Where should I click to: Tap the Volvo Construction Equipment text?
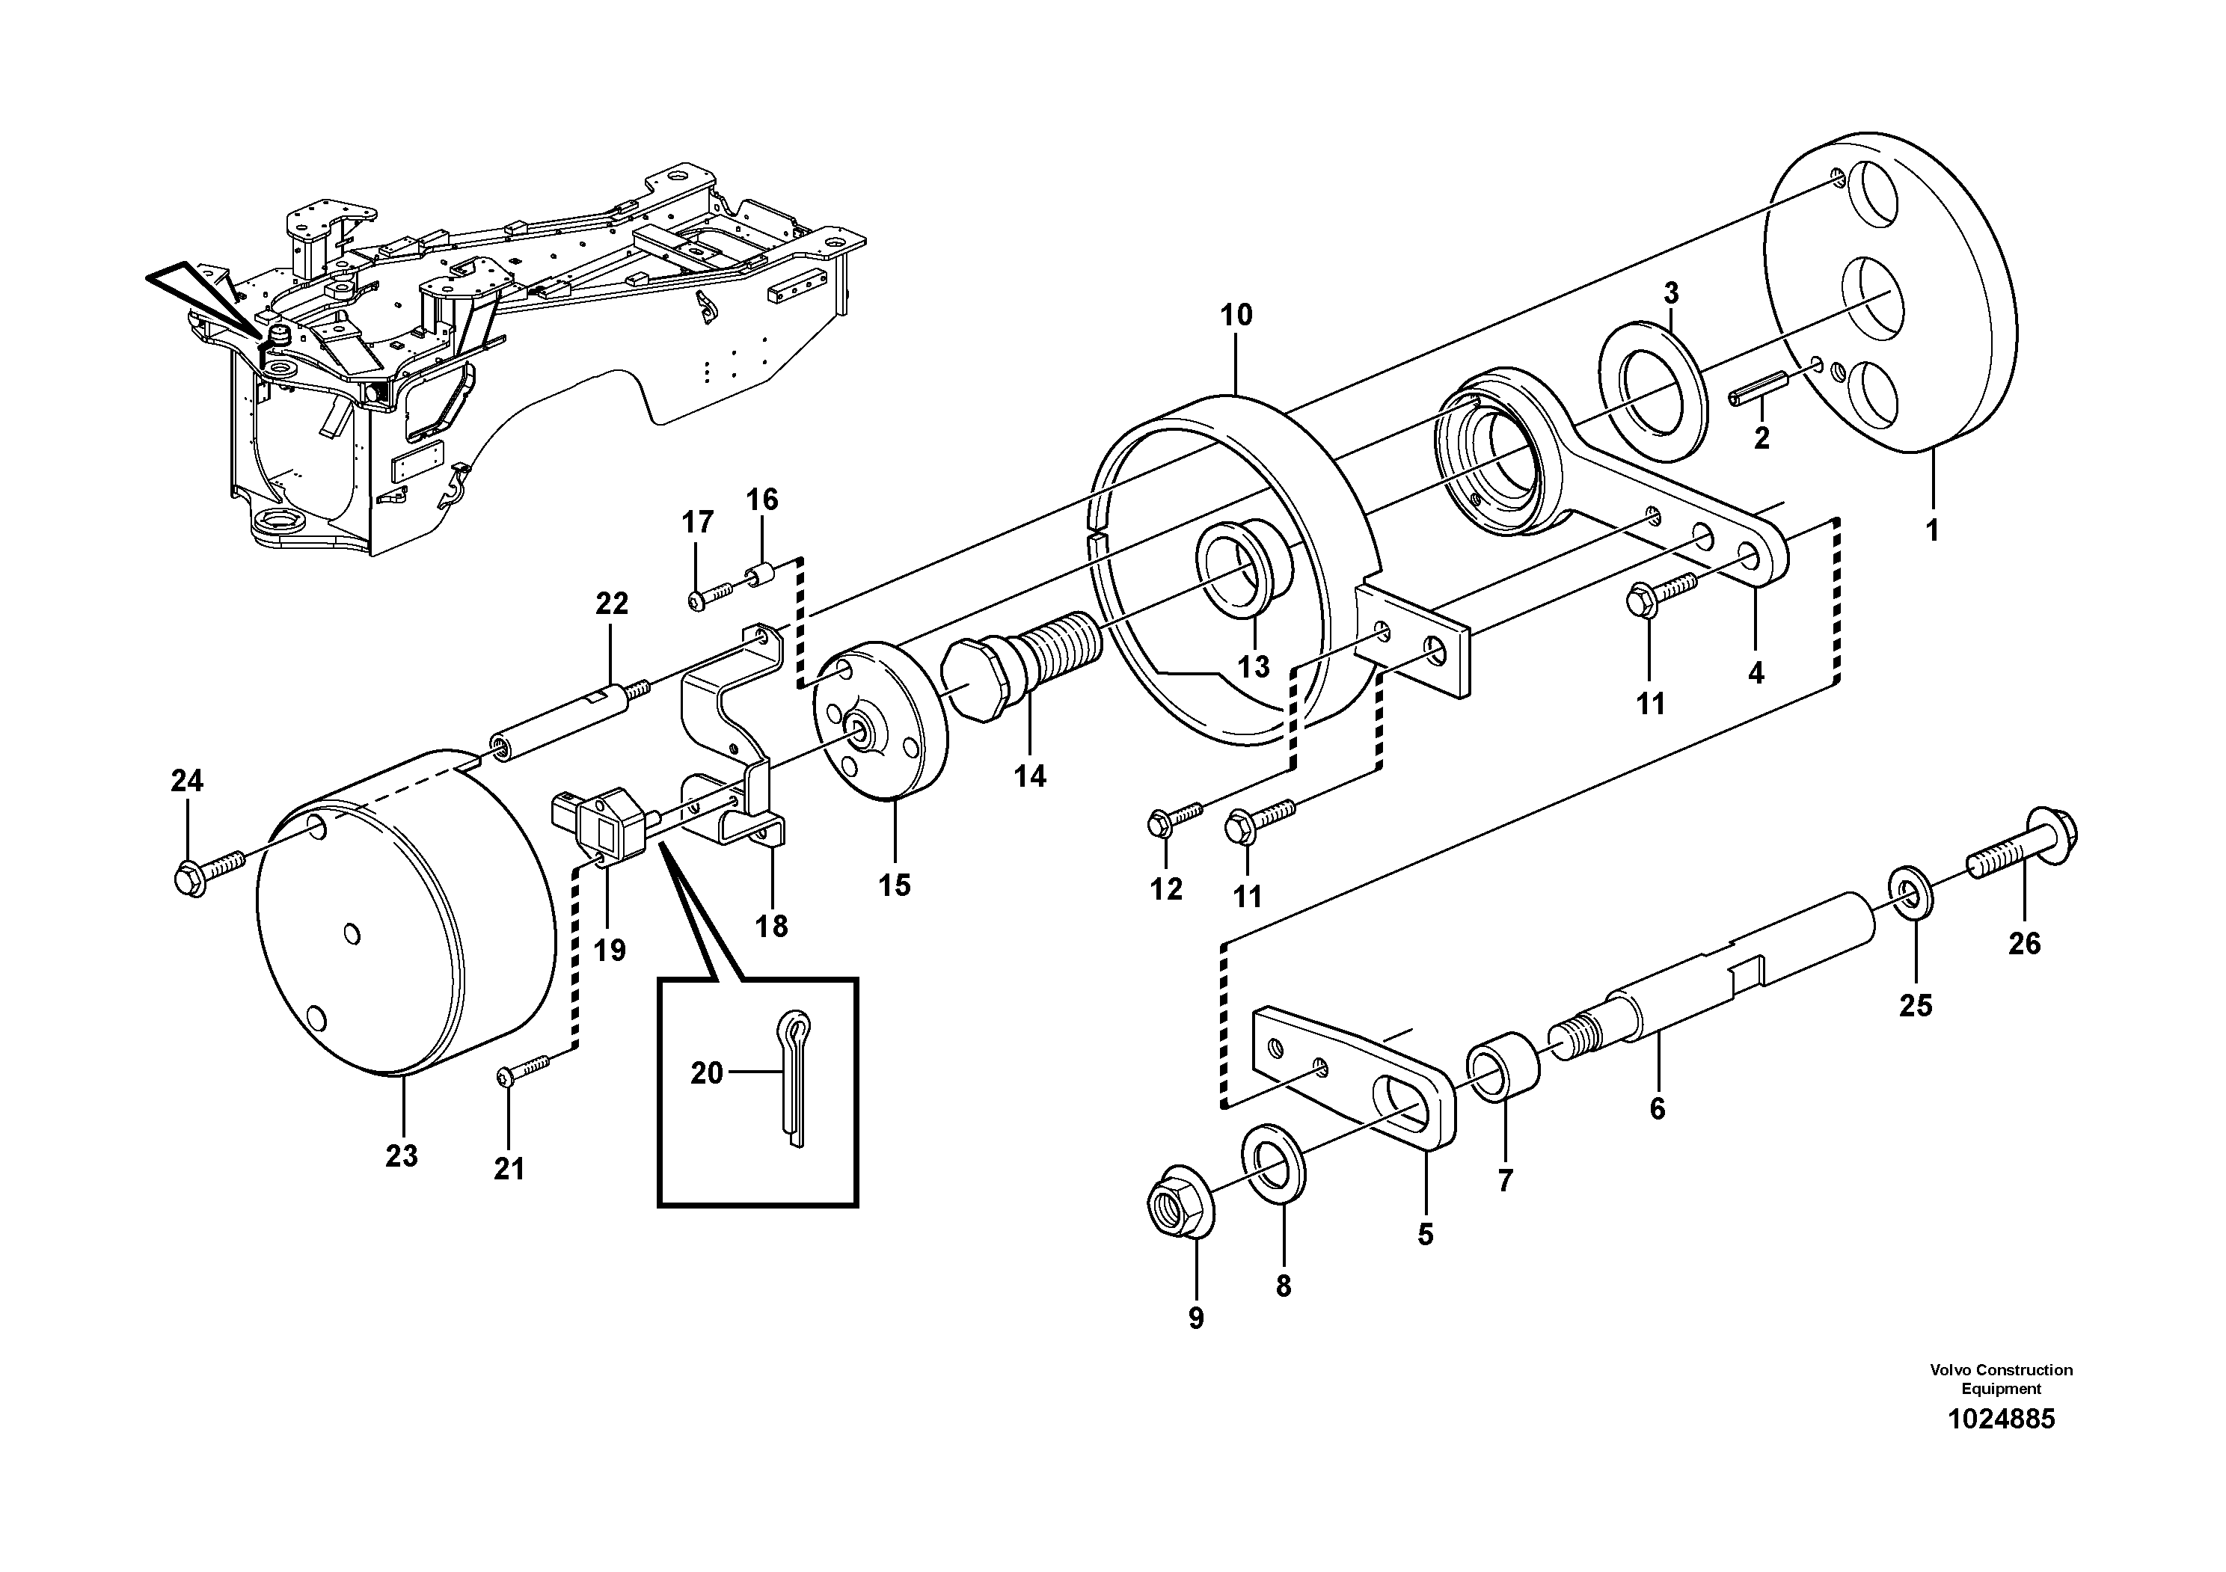coord(2001,1378)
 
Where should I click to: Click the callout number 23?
coord(402,1155)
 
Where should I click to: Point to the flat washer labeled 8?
coord(1274,1163)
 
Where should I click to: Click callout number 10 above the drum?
coord(1236,315)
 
